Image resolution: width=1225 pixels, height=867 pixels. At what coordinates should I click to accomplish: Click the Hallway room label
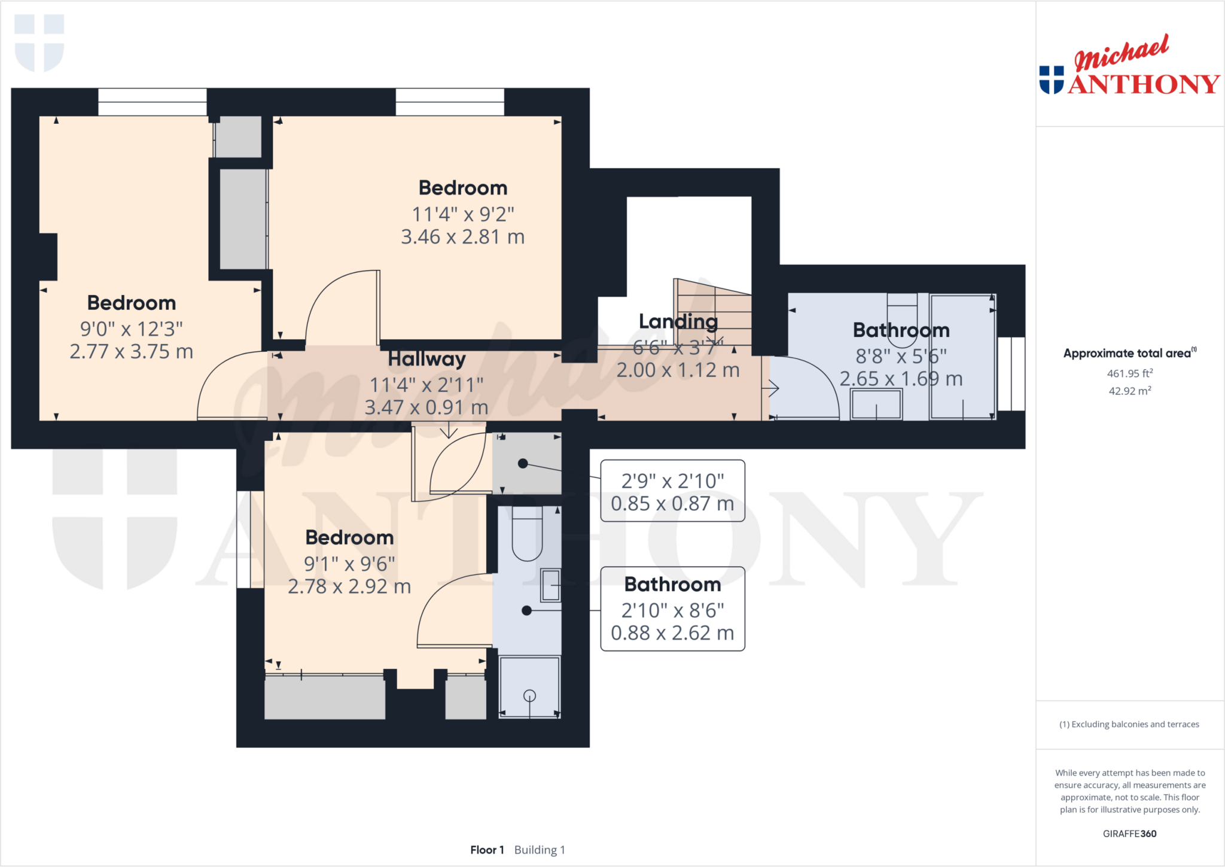click(426, 359)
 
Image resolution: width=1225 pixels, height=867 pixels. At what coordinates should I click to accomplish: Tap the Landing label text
click(678, 321)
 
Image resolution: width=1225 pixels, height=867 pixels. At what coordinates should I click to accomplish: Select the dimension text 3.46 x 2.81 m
click(462, 237)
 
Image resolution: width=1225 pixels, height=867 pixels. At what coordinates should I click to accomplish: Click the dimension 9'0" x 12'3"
click(132, 328)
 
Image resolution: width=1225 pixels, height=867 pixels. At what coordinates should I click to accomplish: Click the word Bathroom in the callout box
click(672, 584)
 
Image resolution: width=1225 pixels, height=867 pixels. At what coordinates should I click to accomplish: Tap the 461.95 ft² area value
click(1129, 373)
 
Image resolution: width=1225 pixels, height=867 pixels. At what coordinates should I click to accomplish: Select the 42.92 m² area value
click(1129, 391)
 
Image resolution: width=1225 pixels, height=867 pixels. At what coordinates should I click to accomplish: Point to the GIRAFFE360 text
click(1129, 833)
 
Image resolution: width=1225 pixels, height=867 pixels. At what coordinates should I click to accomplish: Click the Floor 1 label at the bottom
click(487, 850)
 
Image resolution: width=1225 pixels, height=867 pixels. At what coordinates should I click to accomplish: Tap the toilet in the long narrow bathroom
click(527, 534)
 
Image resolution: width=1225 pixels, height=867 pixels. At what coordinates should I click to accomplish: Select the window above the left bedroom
click(152, 102)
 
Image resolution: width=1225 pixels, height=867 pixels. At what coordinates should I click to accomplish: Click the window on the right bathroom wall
click(1011, 374)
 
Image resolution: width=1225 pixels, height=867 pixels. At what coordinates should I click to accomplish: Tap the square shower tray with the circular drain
click(529, 687)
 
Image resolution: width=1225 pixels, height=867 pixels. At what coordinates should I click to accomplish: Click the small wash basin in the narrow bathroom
click(550, 585)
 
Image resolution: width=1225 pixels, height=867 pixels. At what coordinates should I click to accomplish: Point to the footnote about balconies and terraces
click(1129, 724)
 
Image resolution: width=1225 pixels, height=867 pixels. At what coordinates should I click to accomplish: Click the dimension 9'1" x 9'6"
click(349, 564)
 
